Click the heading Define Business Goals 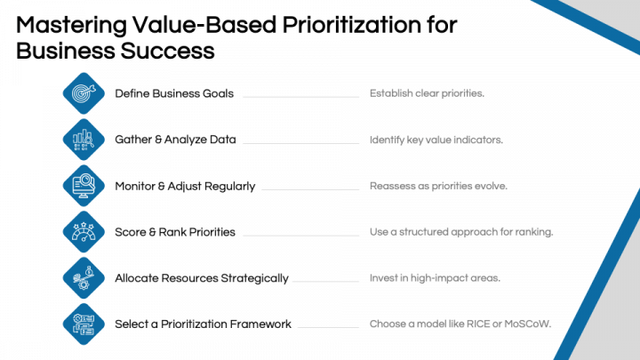[174, 93]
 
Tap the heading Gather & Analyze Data [175, 140]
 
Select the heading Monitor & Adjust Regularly [185, 186]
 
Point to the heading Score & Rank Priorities [175, 232]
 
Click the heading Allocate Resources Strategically [202, 278]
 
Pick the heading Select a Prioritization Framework [203, 324]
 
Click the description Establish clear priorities [427, 93]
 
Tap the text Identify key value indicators [436, 140]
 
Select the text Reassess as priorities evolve [438, 186]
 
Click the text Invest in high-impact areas [435, 278]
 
